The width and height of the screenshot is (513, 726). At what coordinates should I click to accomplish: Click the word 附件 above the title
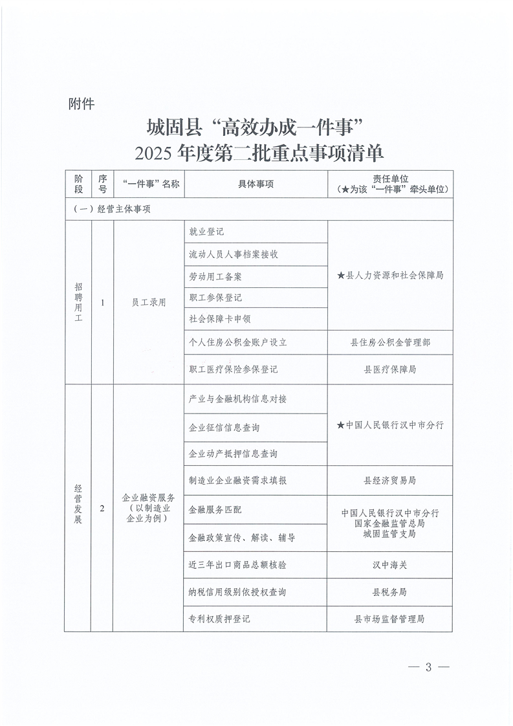[x=81, y=104]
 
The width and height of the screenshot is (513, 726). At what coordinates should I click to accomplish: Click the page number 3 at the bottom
[x=428, y=668]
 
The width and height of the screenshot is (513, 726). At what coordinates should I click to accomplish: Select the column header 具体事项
[x=256, y=184]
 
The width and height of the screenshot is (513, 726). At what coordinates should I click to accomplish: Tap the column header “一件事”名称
[x=148, y=184]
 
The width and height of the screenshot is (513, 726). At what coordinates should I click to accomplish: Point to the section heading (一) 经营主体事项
[x=113, y=209]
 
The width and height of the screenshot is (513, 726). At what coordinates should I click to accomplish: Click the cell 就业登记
[x=206, y=232]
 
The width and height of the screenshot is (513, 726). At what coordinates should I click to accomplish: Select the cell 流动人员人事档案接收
[x=234, y=254]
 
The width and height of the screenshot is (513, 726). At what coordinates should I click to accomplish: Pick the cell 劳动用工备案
[x=215, y=276]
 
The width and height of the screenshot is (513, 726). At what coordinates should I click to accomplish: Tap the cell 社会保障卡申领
[x=220, y=318]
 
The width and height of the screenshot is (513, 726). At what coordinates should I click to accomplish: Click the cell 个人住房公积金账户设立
[x=237, y=342]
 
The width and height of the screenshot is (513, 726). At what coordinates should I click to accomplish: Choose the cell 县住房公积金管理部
[x=390, y=342]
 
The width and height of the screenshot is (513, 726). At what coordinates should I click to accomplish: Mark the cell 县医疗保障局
[x=390, y=369]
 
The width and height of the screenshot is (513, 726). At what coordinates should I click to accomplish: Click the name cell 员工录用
[x=148, y=302]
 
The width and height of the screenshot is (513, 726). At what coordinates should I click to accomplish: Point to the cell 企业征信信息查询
[x=224, y=428]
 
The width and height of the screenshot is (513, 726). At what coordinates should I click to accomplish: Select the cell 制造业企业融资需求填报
[x=237, y=481]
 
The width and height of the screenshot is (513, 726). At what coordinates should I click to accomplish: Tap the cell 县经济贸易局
[x=390, y=481]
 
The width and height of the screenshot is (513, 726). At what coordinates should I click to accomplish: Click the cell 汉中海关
[x=390, y=565]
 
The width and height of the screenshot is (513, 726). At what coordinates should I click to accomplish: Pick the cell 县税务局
[x=390, y=592]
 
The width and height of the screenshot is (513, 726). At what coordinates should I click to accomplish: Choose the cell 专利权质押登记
[x=219, y=619]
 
